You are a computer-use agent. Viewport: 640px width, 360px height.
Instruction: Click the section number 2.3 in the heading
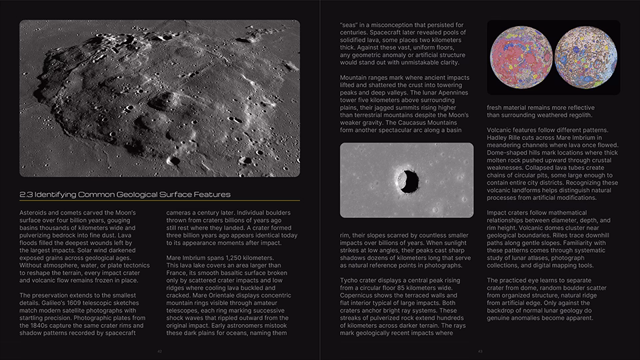[x=26, y=195]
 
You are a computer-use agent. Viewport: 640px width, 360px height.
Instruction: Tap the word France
[x=178, y=273]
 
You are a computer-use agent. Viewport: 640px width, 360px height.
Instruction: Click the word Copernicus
[x=361, y=295]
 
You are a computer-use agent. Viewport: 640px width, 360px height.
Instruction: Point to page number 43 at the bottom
[x=480, y=351]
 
